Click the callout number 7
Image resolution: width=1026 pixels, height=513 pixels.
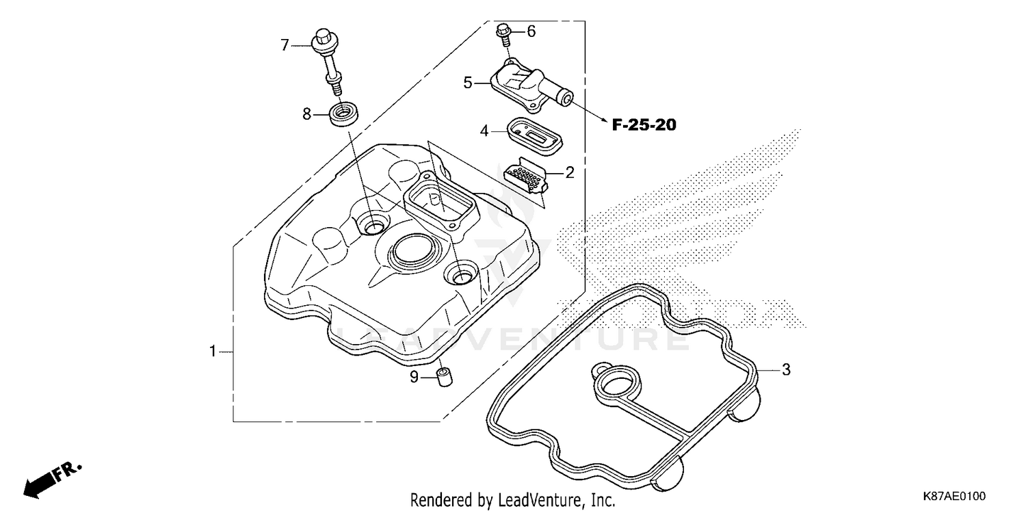point(285,46)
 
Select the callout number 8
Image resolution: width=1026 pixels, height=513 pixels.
point(307,114)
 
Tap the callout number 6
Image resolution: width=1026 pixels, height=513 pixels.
point(531,31)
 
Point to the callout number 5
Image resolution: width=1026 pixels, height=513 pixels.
point(468,83)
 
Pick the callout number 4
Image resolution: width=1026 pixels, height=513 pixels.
point(484,130)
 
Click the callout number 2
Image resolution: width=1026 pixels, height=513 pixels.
point(570,172)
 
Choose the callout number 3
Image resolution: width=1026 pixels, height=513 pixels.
point(786,370)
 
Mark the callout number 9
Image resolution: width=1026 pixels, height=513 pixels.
point(414,376)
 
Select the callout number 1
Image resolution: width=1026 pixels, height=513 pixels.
point(213,352)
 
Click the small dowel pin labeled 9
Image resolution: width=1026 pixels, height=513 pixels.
point(445,376)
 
